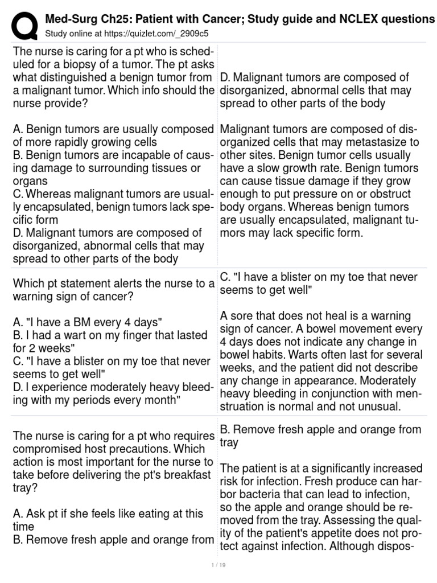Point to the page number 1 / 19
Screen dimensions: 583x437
(218, 565)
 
